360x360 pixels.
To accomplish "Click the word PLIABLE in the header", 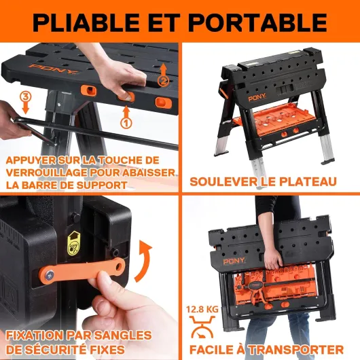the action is [x=86, y=22].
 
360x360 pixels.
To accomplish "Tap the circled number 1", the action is [x=126, y=123].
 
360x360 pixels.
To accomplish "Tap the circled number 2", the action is [x=163, y=81].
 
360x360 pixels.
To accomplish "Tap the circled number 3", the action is [x=25, y=96].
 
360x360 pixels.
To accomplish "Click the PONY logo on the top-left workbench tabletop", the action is [x=54, y=69].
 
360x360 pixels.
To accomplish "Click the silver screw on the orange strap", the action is [x=50, y=274].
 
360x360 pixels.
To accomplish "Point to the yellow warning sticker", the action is [x=74, y=244].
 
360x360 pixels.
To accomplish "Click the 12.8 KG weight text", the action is [x=202, y=309].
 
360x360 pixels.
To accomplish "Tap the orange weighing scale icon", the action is [x=202, y=327].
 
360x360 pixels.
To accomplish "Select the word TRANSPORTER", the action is [x=296, y=350].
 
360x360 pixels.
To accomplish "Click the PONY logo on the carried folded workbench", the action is [x=234, y=262].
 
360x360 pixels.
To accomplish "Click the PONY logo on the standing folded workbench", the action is [x=257, y=98].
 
